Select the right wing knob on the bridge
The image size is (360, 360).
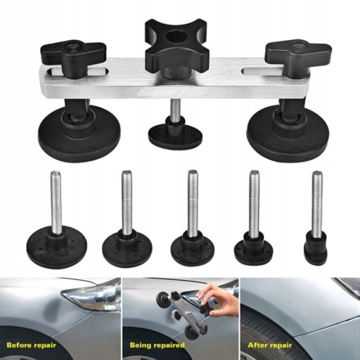tap(297, 52)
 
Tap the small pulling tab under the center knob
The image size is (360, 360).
tap(175, 134)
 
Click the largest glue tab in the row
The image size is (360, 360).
tap(56, 246)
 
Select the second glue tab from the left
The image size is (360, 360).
tap(127, 248)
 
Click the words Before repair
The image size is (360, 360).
tap(36, 346)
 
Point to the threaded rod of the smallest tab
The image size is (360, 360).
tap(317, 204)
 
